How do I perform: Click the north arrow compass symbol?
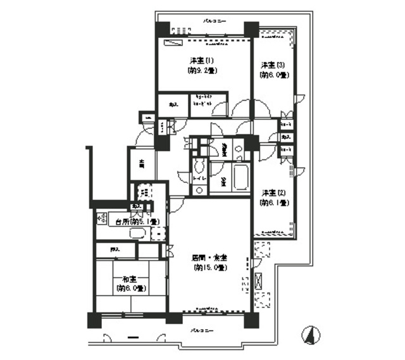(309, 333)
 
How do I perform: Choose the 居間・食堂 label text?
(209, 258)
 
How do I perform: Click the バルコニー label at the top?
(213, 21)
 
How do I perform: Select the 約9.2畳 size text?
(202, 71)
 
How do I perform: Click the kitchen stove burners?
(102, 220)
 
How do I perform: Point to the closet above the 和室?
(115, 250)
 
